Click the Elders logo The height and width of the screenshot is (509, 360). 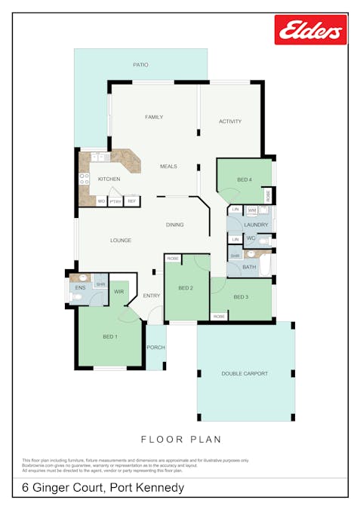click(310, 29)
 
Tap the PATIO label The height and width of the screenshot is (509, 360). click(140, 65)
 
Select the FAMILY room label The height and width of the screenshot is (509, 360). click(154, 117)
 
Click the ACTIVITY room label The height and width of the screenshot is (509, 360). click(230, 121)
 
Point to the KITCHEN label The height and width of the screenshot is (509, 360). click(109, 179)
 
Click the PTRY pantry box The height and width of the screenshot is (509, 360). click(115, 201)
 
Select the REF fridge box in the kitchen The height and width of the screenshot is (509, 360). click(131, 201)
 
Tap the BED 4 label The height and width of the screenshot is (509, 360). click(245, 179)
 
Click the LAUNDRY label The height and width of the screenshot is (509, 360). click(256, 225)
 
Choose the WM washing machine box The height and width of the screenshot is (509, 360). click(252, 210)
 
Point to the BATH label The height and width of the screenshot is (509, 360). click(249, 267)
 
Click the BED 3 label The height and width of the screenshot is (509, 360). click(241, 297)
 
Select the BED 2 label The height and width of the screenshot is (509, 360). click(186, 289)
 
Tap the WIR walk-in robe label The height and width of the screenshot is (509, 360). click(118, 291)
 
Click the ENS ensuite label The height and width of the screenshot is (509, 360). click(80, 288)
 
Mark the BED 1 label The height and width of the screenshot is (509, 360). click(110, 336)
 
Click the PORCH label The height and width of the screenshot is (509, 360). click(155, 348)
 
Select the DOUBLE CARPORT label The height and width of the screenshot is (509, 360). click(245, 373)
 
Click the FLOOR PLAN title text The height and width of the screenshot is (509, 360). click(180, 438)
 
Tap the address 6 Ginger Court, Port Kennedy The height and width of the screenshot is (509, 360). click(103, 488)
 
